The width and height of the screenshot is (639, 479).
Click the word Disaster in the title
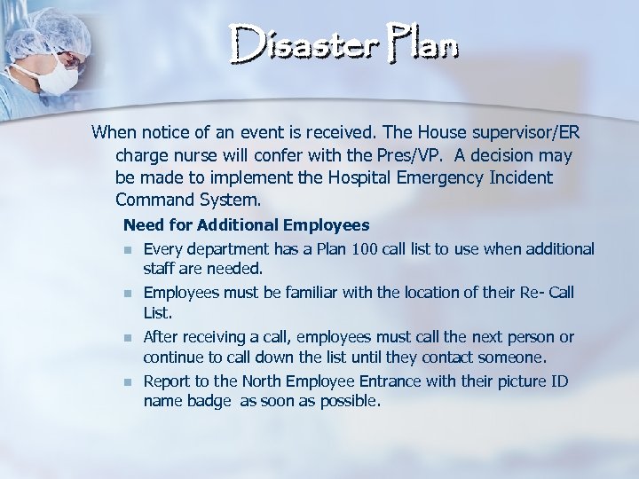point(296,44)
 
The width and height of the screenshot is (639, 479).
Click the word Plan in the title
point(419,44)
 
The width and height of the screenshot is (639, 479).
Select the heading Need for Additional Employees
point(246,225)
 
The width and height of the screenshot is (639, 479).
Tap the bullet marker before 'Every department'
point(128,250)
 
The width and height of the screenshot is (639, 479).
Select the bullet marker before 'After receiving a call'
point(128,338)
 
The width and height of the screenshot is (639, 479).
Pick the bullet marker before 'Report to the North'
point(128,381)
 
